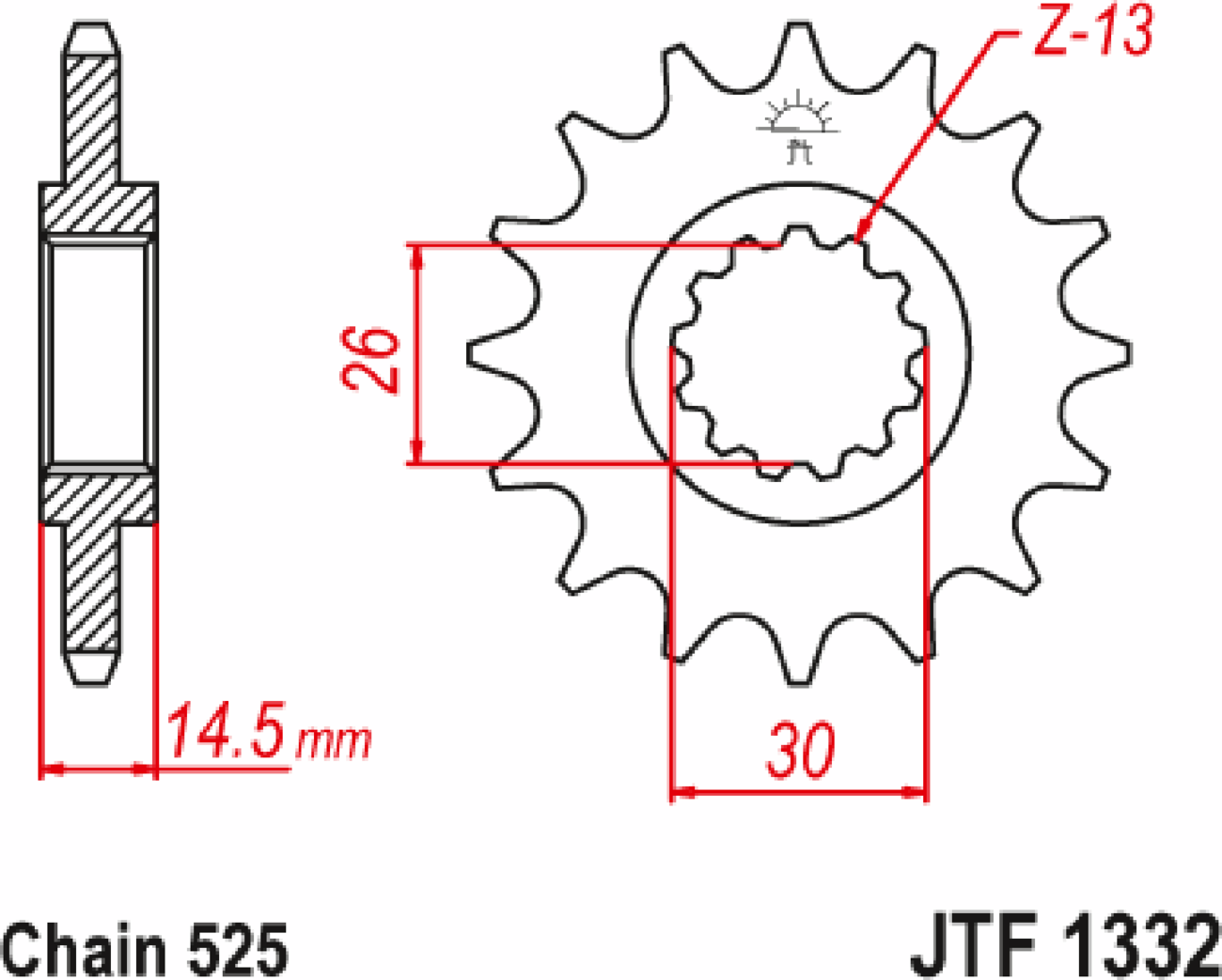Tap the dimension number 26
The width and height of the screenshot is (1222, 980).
click(x=370, y=360)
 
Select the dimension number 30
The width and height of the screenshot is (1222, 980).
click(x=801, y=751)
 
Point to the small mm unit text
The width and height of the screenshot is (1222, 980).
click(x=334, y=741)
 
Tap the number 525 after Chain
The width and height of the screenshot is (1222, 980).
click(x=239, y=951)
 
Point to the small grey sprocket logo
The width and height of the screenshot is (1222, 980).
click(x=798, y=126)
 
